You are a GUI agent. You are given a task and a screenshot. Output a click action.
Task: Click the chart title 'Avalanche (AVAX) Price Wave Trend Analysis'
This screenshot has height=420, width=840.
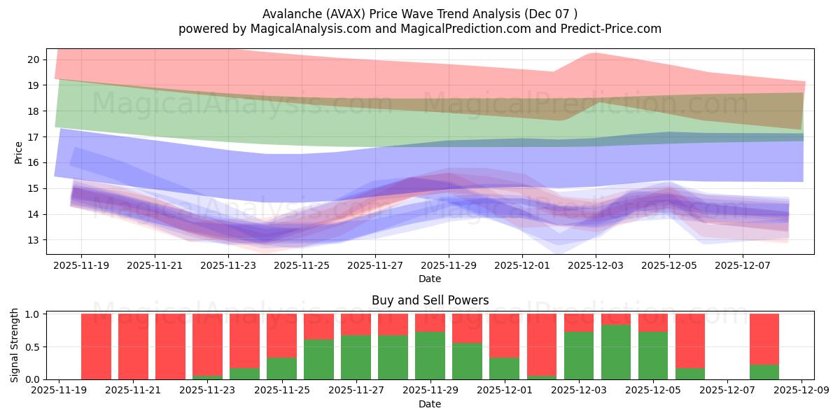click(420, 13)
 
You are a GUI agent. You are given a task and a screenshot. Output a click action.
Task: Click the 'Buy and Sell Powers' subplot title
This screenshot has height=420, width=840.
click(430, 300)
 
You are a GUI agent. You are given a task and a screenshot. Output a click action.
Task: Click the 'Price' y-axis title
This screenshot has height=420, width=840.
click(19, 151)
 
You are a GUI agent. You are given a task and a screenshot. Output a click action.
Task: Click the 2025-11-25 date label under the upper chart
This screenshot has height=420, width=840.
click(302, 266)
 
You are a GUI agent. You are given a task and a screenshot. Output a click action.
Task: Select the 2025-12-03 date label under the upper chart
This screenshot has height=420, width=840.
click(595, 266)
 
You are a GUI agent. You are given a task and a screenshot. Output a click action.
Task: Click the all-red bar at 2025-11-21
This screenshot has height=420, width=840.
click(134, 346)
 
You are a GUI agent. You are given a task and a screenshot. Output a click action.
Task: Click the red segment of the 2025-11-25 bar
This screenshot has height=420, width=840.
click(281, 335)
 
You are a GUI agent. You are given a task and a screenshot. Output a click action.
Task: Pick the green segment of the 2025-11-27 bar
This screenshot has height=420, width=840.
click(356, 357)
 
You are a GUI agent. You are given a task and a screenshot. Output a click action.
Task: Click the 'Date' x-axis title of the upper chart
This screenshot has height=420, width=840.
click(430, 279)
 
